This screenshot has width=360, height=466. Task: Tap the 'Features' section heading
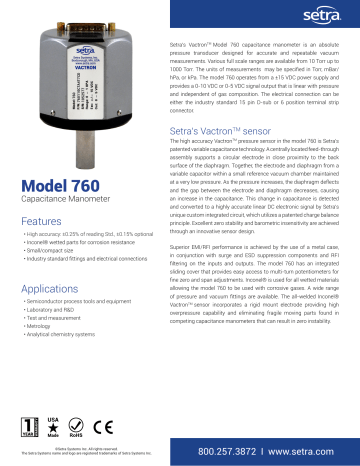[41, 221]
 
